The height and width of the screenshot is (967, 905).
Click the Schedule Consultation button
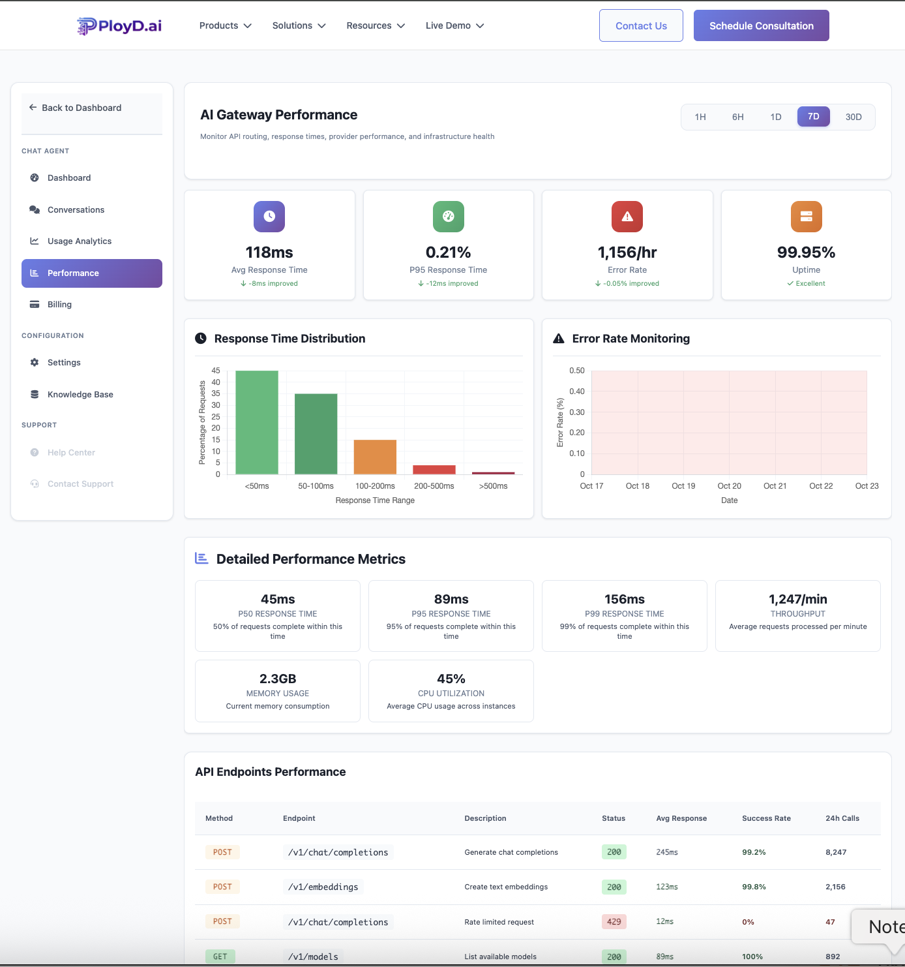tap(761, 25)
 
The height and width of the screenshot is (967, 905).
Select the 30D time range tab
tap(853, 117)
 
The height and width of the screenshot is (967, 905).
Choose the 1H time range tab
tap(700, 117)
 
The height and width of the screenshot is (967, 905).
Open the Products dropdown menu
tap(225, 25)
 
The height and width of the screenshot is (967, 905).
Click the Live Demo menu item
tap(454, 25)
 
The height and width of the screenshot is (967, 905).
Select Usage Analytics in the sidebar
tap(79, 241)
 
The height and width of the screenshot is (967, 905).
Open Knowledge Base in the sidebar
tap(80, 394)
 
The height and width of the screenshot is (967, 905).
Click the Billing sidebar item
tap(59, 304)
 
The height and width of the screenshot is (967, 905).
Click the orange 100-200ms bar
tap(375, 457)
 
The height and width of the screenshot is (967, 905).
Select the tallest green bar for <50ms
tap(257, 422)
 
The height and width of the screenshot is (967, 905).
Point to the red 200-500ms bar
tap(434, 470)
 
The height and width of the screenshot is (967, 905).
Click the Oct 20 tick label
tap(729, 486)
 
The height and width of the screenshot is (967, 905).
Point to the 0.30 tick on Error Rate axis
tap(576, 412)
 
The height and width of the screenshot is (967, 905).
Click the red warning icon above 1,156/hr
tap(627, 217)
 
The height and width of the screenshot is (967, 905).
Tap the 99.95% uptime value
tap(806, 253)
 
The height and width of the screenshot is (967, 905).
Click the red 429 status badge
tap(614, 922)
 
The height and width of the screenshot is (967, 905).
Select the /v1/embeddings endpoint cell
tap(323, 887)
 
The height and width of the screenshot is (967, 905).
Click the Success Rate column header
tap(766, 818)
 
